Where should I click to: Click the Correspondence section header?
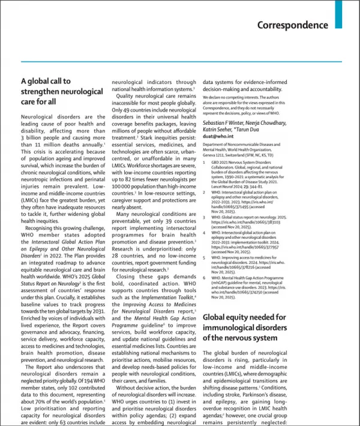point(293,25)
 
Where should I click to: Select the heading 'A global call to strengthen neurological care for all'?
point(62,91)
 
